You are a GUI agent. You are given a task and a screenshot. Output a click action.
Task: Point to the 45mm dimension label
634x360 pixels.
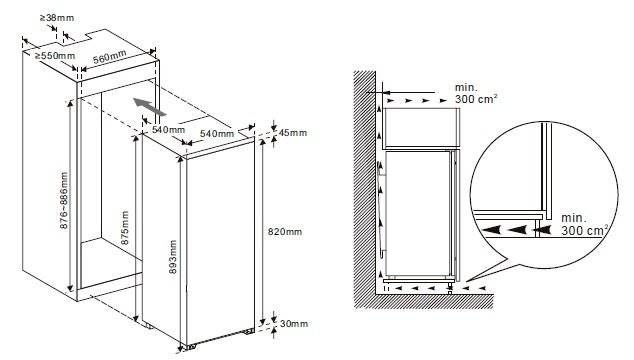(x=293, y=133)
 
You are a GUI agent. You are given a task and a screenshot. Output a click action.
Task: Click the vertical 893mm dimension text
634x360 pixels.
(x=173, y=258)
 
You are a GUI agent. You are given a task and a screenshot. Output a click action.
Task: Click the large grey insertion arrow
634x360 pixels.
(x=146, y=104)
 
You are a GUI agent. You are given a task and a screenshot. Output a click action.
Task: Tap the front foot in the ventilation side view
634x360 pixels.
(x=455, y=284)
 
